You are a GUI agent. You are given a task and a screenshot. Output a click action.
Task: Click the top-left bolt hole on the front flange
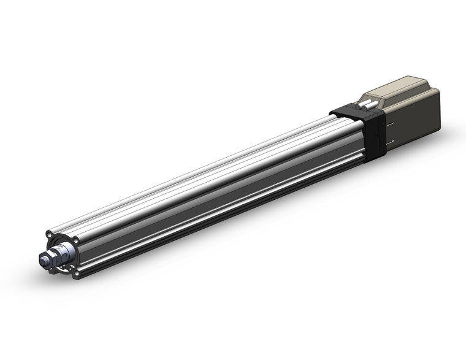(x=48, y=234)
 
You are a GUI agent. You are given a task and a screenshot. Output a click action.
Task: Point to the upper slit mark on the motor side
(x=393, y=121)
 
